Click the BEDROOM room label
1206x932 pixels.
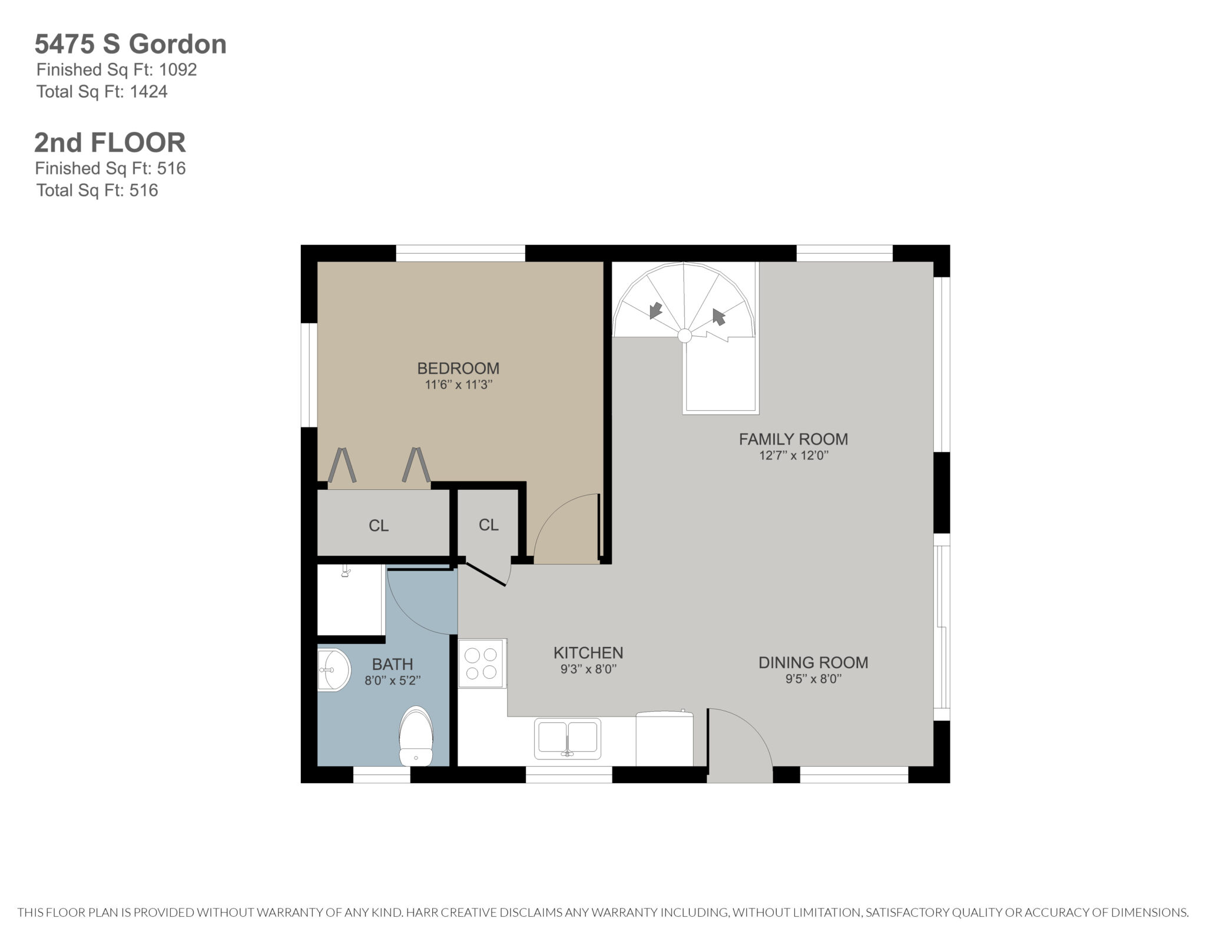pos(458,369)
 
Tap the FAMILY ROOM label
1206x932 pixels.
pos(793,439)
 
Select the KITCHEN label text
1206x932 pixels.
pos(588,653)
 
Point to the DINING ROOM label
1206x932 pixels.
pos(813,663)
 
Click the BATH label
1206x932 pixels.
pos(393,665)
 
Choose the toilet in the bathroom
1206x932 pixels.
pos(416,737)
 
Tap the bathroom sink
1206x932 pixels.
pos(334,670)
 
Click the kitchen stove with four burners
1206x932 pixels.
pos(482,664)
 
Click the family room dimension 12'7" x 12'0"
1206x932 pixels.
pos(794,456)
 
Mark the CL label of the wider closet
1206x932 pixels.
pos(379,526)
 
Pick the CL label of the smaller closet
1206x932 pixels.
pos(489,525)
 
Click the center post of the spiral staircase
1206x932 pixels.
pos(684,336)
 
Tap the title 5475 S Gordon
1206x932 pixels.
pos(131,44)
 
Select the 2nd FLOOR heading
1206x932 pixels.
pos(110,142)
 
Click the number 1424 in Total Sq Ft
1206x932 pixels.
pos(149,92)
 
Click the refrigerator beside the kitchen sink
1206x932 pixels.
pos(665,739)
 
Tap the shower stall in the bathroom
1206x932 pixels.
pos(351,600)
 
